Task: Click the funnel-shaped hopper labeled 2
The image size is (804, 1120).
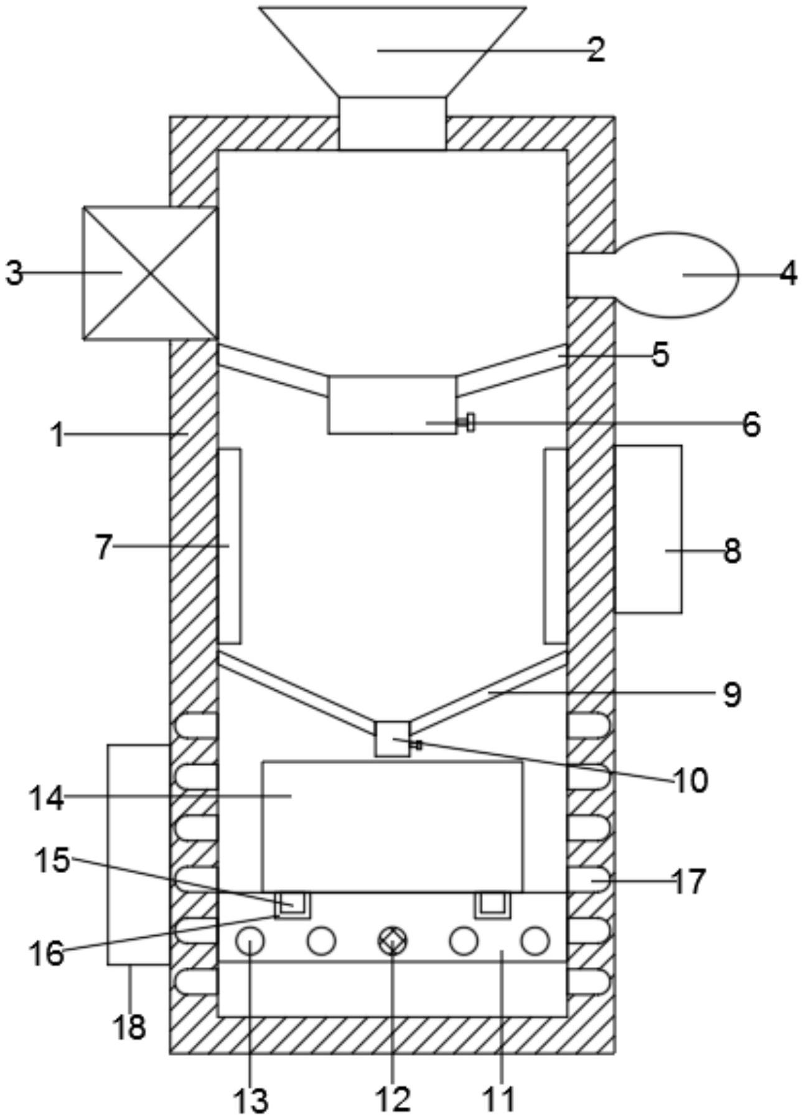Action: click(x=393, y=53)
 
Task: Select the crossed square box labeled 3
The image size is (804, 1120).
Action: click(x=150, y=273)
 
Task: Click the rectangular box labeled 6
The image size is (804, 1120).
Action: click(x=392, y=404)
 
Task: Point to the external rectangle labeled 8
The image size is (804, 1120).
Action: click(x=648, y=529)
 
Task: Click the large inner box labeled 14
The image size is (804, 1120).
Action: click(x=393, y=826)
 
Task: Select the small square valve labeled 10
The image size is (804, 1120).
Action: click(x=393, y=739)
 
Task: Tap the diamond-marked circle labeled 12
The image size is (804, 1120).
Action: click(x=393, y=941)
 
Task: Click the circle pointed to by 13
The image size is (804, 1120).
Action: click(x=250, y=941)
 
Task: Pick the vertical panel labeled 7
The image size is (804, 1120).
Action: click(x=230, y=545)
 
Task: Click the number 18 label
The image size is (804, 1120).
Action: click(x=129, y=1027)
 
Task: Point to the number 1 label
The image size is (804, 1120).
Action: click(x=58, y=435)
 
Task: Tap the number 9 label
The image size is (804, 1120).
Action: click(x=732, y=694)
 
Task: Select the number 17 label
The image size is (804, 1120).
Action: click(x=689, y=881)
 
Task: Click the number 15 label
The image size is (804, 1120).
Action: click(x=52, y=861)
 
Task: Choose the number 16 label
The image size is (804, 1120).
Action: click(x=47, y=953)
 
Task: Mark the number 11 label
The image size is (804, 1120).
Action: click(x=500, y=1099)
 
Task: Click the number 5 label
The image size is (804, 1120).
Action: click(x=660, y=354)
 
